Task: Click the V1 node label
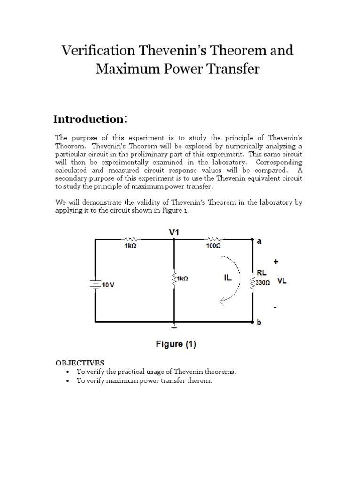[x=174, y=232]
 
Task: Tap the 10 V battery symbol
[x=95, y=284]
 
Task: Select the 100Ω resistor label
[x=213, y=246]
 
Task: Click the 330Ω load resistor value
[x=262, y=284]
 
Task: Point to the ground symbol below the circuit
[x=174, y=325]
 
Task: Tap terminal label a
[x=259, y=241]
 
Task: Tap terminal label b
[x=259, y=323]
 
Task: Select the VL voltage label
[x=282, y=281]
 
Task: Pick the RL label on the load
[x=261, y=272]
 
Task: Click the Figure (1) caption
[x=176, y=344]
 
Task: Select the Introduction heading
[x=90, y=119]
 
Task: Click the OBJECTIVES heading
[x=80, y=363]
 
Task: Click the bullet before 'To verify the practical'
[x=69, y=372]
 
